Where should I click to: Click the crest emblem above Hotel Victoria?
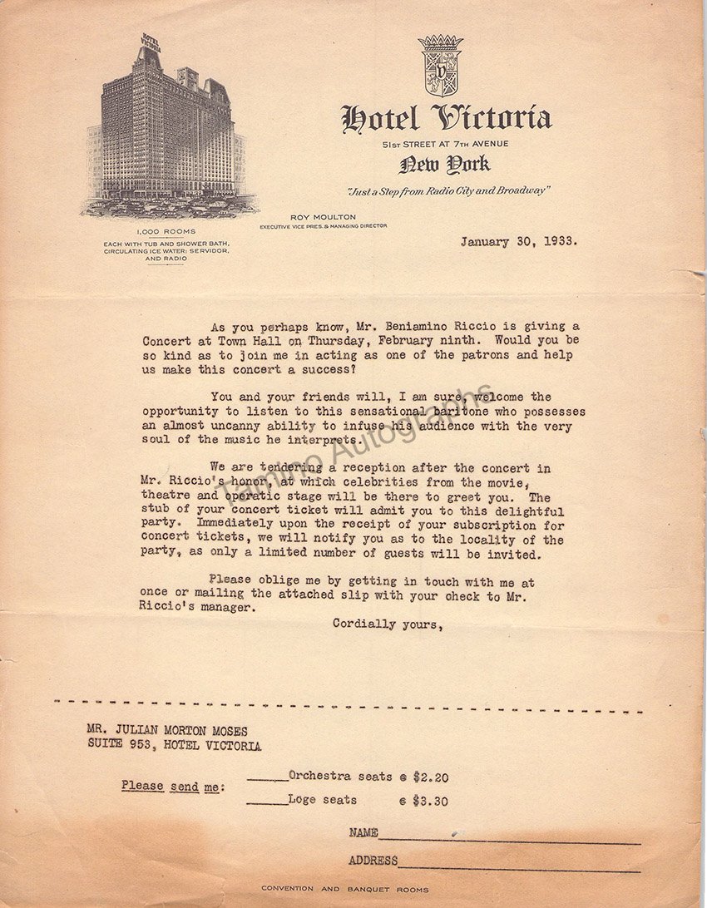pyautogui.click(x=441, y=66)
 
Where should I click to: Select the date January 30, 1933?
pyautogui.click(x=519, y=243)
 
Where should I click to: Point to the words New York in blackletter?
pyautogui.click(x=444, y=165)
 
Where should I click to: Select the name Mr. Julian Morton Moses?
pyautogui.click(x=167, y=731)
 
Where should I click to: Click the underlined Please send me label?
pyautogui.click(x=172, y=786)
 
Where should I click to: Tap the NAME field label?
pyautogui.click(x=363, y=832)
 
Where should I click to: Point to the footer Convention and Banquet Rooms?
pyautogui.click(x=345, y=889)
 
